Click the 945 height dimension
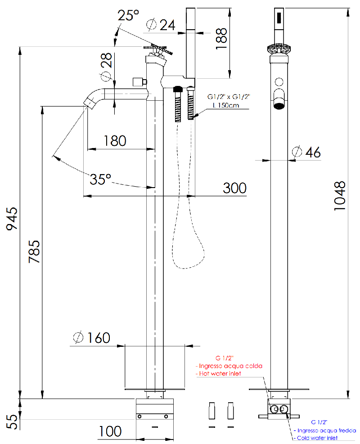(12, 218)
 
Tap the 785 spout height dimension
(34, 252)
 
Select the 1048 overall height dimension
(340, 196)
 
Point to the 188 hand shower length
(221, 39)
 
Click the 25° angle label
(128, 15)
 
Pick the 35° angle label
(100, 179)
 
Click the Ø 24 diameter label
(161, 25)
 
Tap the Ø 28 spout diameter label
(107, 67)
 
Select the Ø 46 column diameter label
(306, 152)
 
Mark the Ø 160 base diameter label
(92, 337)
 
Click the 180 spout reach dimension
(115, 141)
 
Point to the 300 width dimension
(234, 188)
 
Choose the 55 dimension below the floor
(13, 422)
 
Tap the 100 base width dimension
(110, 431)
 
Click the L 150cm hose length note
(226, 105)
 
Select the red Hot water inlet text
(219, 373)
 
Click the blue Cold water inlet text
(315, 438)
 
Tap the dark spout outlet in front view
(279, 106)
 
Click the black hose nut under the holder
(178, 89)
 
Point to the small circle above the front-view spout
(279, 82)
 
